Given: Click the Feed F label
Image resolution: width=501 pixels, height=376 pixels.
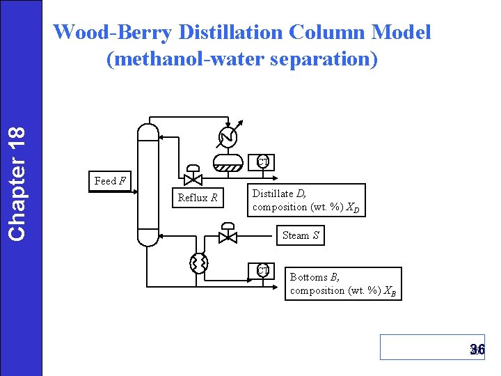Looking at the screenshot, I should (x=110, y=181).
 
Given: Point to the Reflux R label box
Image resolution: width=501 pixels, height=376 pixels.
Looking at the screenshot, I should (x=198, y=198).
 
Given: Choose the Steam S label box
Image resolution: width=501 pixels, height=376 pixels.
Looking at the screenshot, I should (x=301, y=235).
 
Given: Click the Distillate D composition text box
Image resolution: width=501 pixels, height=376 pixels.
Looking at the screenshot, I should (x=306, y=201).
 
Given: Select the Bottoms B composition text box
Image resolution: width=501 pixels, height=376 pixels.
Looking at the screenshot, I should (x=343, y=284).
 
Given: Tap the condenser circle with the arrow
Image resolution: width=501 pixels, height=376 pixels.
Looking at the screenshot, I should (x=228, y=137).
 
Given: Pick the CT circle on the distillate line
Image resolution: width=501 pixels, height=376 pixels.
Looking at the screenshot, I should (x=262, y=162).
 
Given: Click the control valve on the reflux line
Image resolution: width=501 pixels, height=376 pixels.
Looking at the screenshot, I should (x=193, y=178).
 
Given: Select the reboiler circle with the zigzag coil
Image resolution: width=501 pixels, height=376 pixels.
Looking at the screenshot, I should (x=199, y=263).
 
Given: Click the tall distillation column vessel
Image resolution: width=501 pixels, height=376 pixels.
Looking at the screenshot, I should (x=148, y=184).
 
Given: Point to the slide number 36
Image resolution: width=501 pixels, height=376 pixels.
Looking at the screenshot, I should (x=477, y=350).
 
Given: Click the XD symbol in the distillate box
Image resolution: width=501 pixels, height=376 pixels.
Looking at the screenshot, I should (x=353, y=207).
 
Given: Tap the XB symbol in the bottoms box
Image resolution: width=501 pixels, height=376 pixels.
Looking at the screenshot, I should (x=390, y=291).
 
